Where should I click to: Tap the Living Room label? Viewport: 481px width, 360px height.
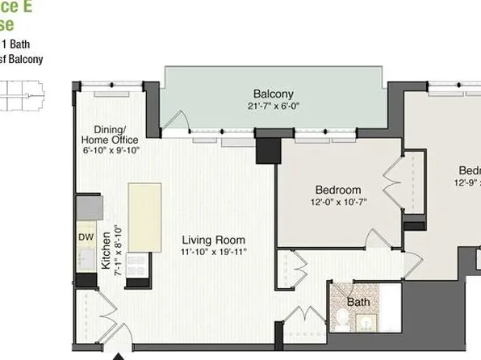pyautogui.click(x=213, y=240)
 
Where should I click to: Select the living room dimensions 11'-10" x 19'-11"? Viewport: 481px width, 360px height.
pyautogui.click(x=213, y=252)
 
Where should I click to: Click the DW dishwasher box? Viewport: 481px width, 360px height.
pyautogui.click(x=86, y=237)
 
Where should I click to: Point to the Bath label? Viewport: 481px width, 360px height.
pyautogui.click(x=358, y=302)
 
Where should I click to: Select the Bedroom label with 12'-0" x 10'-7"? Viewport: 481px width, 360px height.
pyautogui.click(x=337, y=190)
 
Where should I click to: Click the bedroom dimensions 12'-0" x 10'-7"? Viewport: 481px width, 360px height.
pyautogui.click(x=337, y=203)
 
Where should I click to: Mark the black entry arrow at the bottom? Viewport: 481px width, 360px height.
pyautogui.click(x=119, y=354)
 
